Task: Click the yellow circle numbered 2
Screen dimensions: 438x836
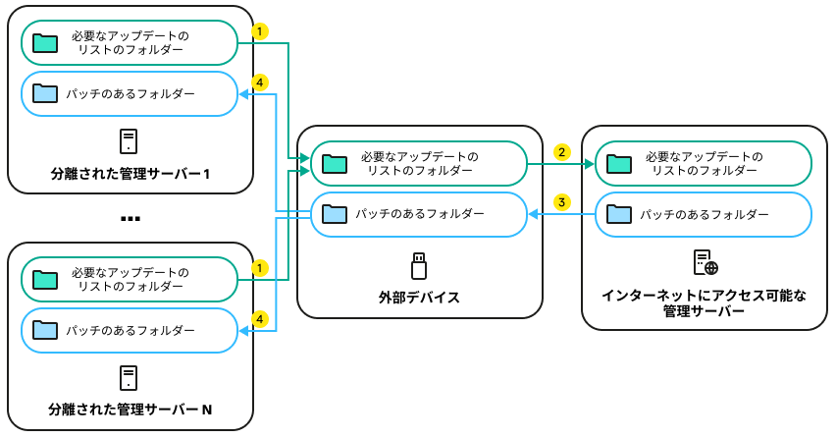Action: tap(561, 152)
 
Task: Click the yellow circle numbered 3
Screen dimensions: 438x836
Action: tap(561, 202)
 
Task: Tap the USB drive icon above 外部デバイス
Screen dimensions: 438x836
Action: tap(419, 265)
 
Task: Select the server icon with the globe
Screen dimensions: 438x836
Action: tap(705, 263)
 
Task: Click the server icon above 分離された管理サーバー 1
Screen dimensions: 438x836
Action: tap(129, 141)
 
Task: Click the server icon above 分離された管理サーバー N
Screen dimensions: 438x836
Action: tap(129, 378)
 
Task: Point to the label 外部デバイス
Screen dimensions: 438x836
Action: tap(419, 296)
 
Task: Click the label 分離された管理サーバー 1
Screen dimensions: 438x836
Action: tap(131, 174)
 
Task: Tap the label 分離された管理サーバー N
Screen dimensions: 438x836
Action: tap(131, 409)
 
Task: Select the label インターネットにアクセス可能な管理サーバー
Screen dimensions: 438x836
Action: tap(704, 302)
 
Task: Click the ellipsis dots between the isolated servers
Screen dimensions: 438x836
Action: tap(131, 219)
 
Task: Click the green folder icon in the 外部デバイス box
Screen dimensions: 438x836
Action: tap(335, 163)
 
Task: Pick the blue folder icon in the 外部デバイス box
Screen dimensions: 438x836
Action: tap(335, 213)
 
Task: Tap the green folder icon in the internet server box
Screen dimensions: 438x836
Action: tap(619, 163)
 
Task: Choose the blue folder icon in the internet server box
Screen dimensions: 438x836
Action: tap(619, 213)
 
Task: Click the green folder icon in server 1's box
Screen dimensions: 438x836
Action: tap(44, 43)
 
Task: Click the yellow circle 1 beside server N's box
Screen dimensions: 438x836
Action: tap(260, 267)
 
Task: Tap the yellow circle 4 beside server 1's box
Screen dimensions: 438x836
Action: tap(260, 82)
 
